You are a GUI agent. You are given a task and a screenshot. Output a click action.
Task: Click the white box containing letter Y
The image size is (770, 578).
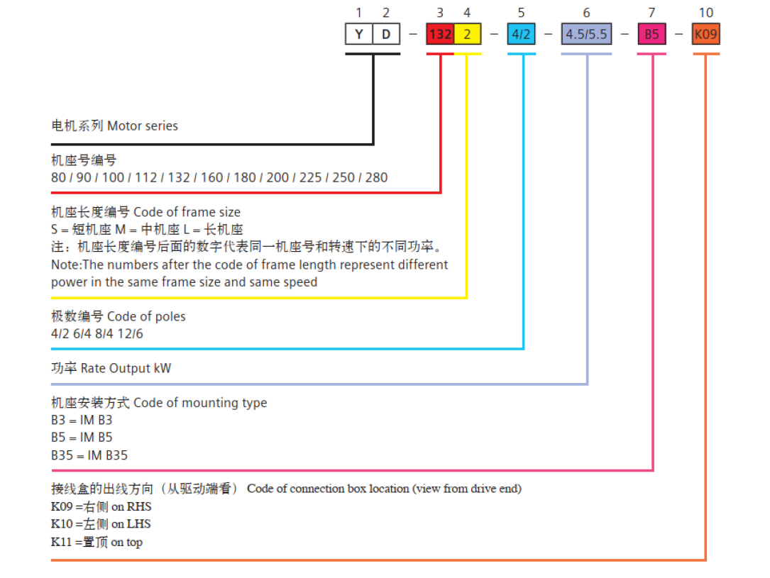[359, 34]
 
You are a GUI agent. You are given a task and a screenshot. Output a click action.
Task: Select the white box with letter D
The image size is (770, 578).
[386, 34]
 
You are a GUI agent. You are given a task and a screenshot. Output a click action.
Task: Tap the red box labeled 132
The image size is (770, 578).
[440, 34]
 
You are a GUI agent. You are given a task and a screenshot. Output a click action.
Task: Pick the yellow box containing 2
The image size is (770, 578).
[468, 34]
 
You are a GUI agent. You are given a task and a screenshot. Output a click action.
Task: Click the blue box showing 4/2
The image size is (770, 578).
[521, 34]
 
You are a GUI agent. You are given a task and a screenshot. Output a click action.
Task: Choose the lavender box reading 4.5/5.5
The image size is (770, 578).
[586, 34]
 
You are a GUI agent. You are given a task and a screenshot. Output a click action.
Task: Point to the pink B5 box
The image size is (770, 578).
[651, 34]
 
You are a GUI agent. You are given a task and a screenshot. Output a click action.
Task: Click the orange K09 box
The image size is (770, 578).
[705, 34]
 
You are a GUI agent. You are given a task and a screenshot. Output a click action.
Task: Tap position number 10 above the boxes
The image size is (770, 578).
[705, 13]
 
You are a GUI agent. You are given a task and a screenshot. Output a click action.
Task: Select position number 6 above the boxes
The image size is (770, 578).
[586, 13]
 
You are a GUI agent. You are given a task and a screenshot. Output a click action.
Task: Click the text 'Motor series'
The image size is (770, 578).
[143, 126]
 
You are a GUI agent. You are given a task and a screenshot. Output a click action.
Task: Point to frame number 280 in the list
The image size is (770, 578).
[377, 177]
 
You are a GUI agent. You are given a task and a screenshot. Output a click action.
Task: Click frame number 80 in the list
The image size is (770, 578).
[58, 177]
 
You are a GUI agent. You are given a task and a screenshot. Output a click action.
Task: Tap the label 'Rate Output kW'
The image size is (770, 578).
[126, 369]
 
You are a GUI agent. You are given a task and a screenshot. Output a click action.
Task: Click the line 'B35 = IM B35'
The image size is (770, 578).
[89, 455]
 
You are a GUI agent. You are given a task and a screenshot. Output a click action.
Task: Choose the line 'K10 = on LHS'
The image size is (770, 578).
[101, 524]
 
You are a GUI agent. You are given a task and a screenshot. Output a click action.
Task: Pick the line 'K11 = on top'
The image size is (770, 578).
[97, 542]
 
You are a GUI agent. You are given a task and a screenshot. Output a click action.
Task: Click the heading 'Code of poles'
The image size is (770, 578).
[146, 316]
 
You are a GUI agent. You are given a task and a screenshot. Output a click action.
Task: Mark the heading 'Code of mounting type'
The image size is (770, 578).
[200, 403]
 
